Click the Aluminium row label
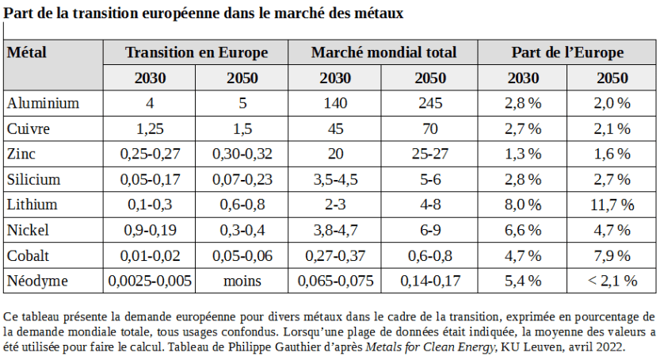pyautogui.click(x=43, y=103)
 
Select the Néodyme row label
pyautogui.click(x=37, y=281)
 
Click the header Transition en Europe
pyautogui.click(x=196, y=53)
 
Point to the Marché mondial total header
pyautogui.click(x=384, y=53)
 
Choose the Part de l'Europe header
pyautogui.click(x=567, y=53)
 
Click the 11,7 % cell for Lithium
pyautogui.click(x=612, y=205)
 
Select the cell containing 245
pyautogui.click(x=431, y=103)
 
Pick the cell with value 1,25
pyautogui.click(x=150, y=128)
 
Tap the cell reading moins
pyautogui.click(x=242, y=281)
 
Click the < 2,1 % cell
pyautogui.click(x=612, y=281)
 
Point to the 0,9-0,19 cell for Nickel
pyautogui.click(x=150, y=230)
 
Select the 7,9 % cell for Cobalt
pyautogui.click(x=612, y=255)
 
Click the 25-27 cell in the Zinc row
pyautogui.click(x=431, y=154)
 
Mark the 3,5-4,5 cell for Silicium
pyautogui.click(x=336, y=179)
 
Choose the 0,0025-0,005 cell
pyautogui.click(x=150, y=281)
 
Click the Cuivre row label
pyautogui.click(x=29, y=128)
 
